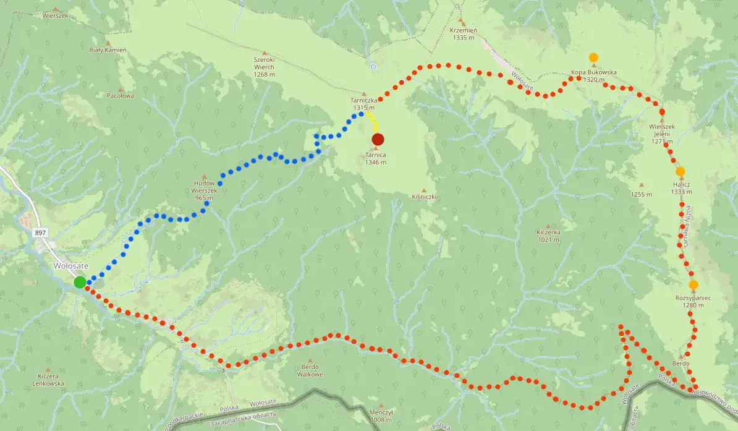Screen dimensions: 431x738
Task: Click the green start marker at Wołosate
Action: (x=80, y=282)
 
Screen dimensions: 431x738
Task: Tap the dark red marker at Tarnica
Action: (x=378, y=139)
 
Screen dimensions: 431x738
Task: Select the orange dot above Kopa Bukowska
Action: (x=593, y=58)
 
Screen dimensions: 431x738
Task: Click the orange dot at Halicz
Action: (x=680, y=171)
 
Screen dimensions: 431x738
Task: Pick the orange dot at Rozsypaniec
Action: (x=693, y=284)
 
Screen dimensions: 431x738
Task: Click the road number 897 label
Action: (x=41, y=233)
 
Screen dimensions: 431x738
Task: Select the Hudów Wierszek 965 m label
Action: (x=204, y=190)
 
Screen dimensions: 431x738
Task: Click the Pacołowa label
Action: (x=121, y=96)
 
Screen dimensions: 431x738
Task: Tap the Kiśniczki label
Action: (x=424, y=197)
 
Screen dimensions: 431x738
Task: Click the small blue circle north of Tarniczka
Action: (x=373, y=66)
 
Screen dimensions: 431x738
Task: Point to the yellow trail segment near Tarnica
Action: (x=372, y=118)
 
